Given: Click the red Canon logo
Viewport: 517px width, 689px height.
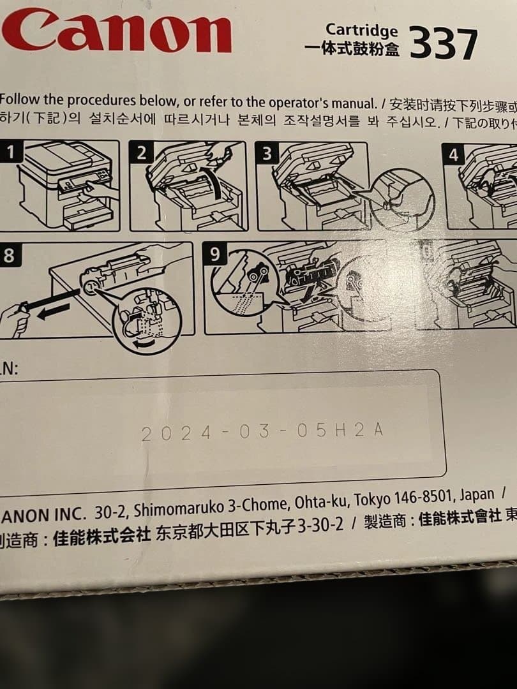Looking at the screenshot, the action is tap(118, 31).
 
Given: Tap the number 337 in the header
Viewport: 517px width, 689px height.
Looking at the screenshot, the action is tap(443, 45).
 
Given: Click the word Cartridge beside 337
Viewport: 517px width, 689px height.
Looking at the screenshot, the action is tap(361, 29).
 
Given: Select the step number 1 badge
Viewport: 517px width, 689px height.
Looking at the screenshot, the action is tap(11, 152).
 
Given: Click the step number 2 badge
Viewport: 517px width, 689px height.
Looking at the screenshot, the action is tap(142, 152).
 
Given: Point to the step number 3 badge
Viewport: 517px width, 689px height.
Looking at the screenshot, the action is tap(267, 153).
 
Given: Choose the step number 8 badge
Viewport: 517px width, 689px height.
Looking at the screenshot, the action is tap(9, 255).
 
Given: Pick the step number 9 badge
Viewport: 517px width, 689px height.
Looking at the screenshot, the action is tap(216, 255).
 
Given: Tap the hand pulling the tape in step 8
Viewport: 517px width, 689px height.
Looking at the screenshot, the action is tap(14, 319).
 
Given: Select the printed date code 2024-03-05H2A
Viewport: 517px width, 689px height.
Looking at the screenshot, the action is tap(262, 432).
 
